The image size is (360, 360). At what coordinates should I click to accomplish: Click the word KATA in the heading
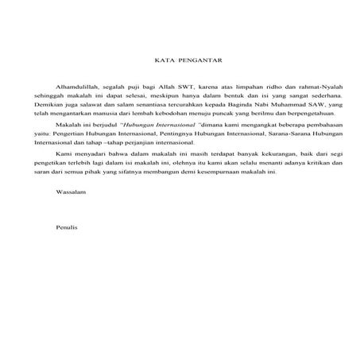click(x=162, y=59)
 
